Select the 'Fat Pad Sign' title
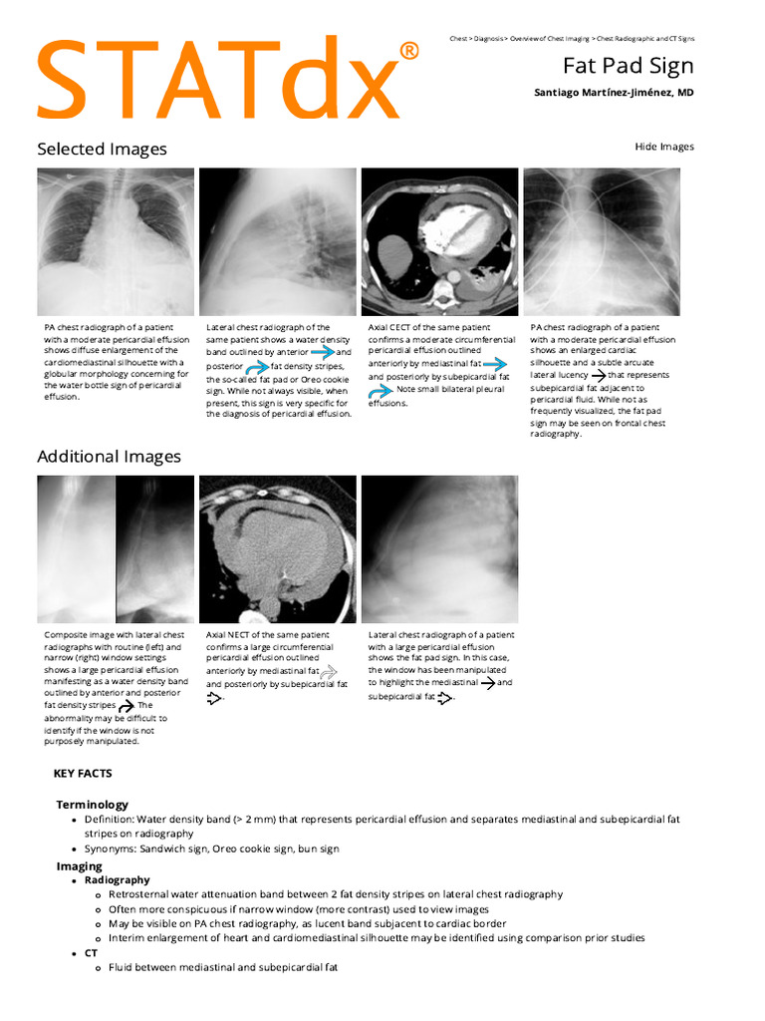pos(628,66)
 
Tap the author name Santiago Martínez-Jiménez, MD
pos(615,93)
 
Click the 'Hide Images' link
pos(664,147)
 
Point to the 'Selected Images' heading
pos(102,149)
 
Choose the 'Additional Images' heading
pos(109,457)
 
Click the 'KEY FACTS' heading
pos(83,773)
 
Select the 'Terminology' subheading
pos(92,805)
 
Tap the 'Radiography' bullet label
pos(118,880)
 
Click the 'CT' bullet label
pos(92,953)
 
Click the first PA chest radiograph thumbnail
pos(116,241)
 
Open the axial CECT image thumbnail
pos(439,241)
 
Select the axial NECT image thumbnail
pos(277,549)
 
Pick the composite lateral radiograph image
pos(116,549)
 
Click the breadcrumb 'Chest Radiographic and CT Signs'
pos(645,38)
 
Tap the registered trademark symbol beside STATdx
pos(408,50)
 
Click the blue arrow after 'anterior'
pos(322,352)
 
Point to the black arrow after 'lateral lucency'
pos(598,376)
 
